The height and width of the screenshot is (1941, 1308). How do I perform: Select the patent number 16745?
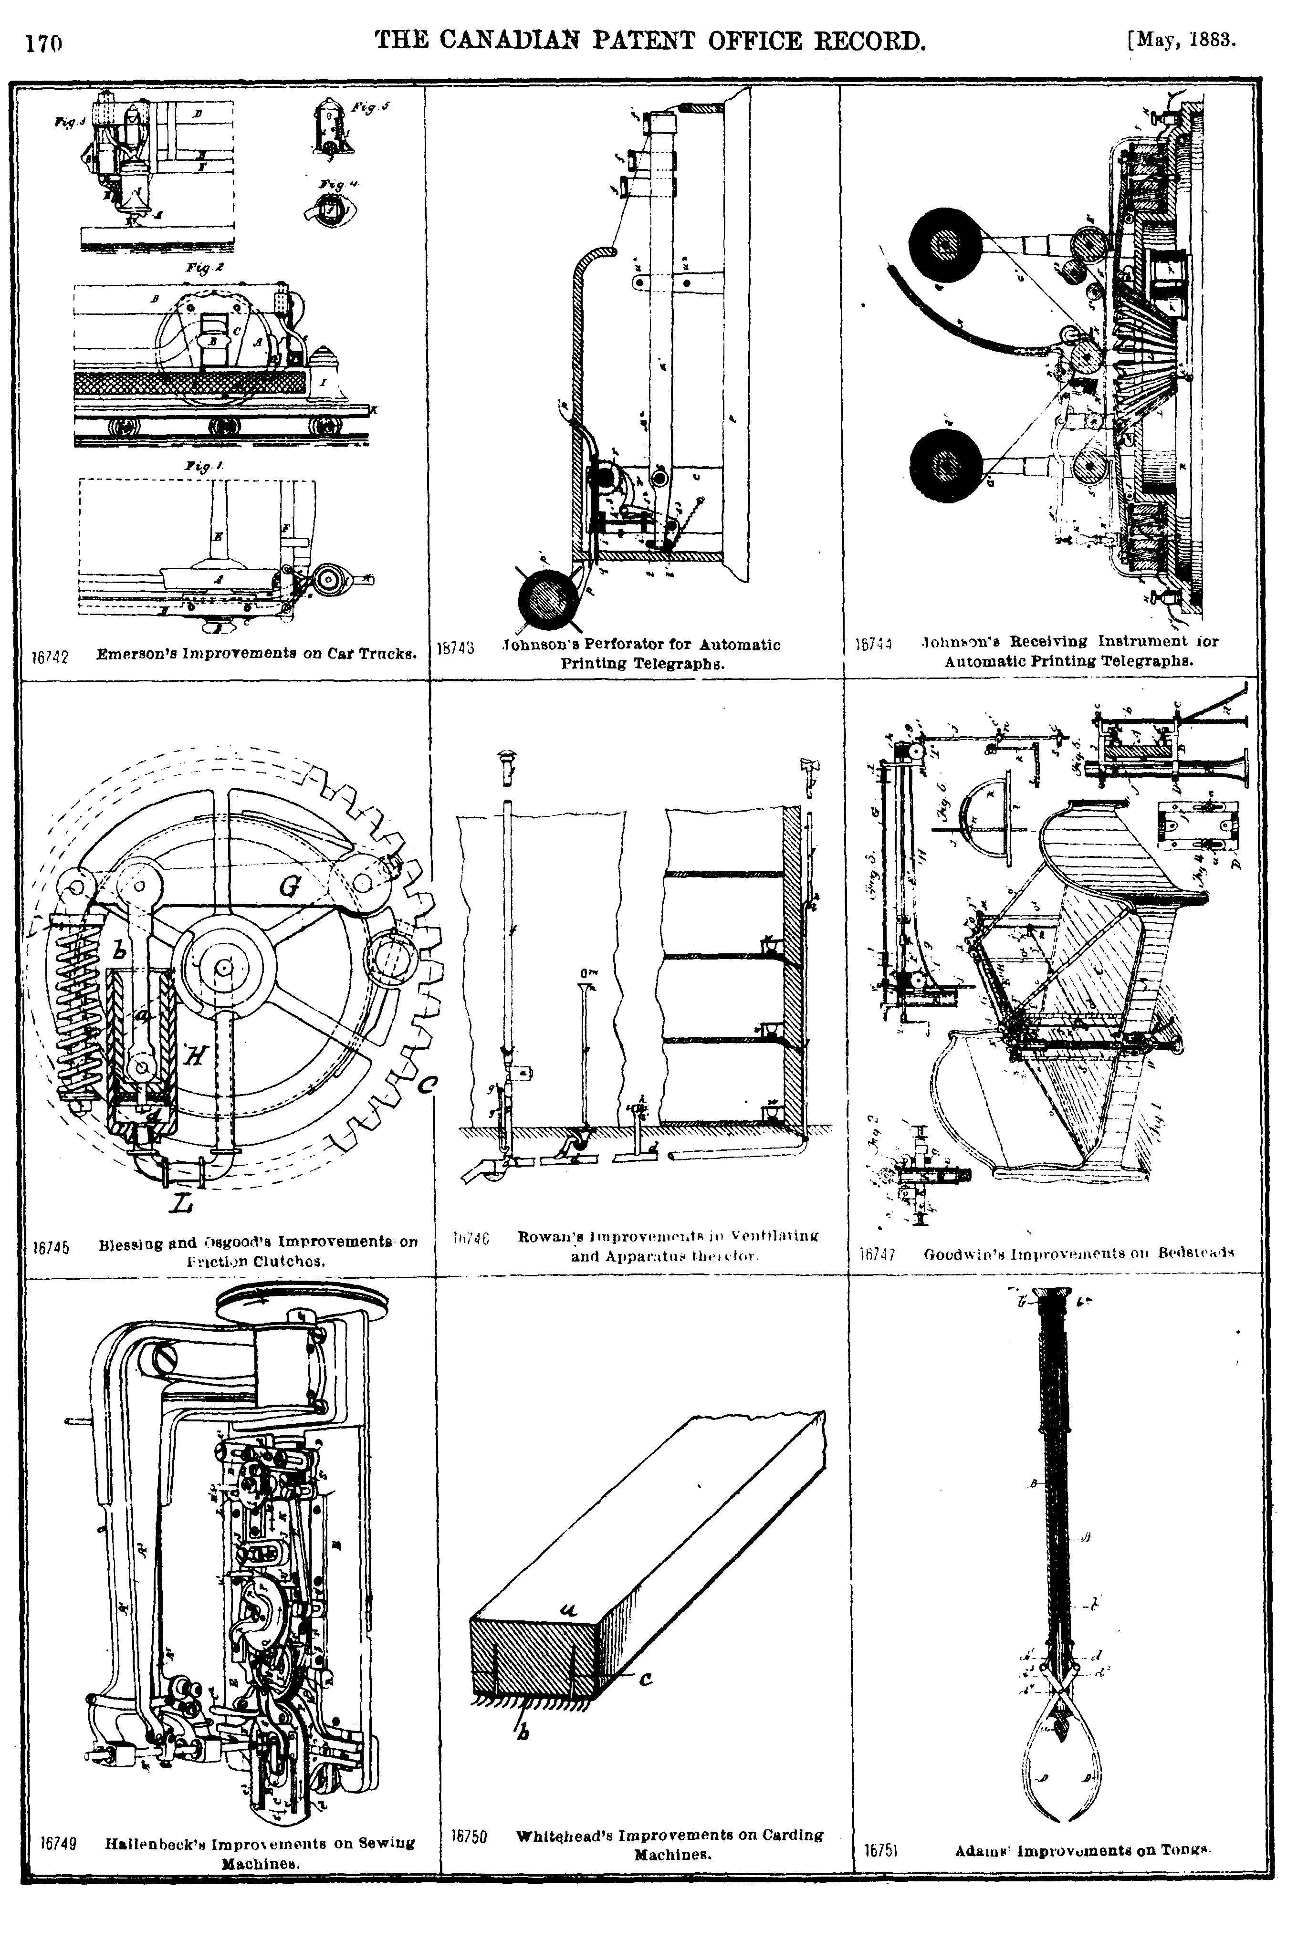pos(50,1249)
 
